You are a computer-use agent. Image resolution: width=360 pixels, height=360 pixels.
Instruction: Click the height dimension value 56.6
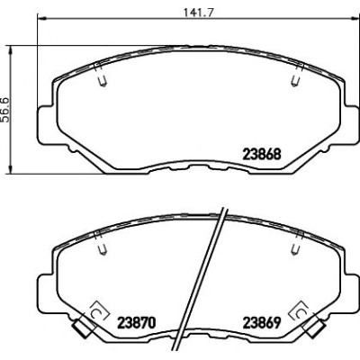[5, 110]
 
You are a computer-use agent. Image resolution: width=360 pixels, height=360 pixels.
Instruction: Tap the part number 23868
[262, 155]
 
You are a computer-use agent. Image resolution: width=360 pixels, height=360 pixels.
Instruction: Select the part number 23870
[137, 323]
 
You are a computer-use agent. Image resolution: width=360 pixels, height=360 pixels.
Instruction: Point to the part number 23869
[262, 323]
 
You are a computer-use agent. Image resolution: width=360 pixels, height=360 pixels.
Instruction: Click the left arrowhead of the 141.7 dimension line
[41, 19]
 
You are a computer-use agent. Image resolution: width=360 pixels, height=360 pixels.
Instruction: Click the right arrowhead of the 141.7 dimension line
[355, 19]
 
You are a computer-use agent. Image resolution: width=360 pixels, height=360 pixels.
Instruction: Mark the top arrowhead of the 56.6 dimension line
[11, 50]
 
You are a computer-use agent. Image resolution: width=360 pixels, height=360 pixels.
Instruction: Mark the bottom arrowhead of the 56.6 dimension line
[11, 169]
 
